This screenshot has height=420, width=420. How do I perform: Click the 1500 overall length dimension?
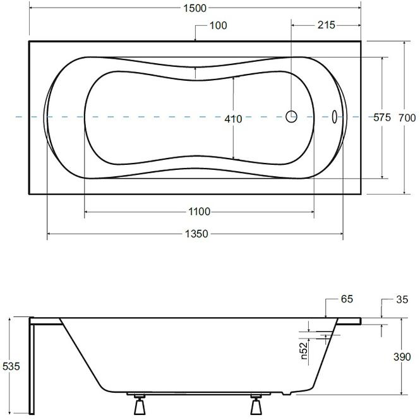tap(195, 8)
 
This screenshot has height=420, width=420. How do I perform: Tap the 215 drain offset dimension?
tap(327, 25)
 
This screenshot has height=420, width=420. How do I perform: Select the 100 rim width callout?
tap(219, 26)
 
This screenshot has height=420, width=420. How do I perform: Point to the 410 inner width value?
tap(233, 119)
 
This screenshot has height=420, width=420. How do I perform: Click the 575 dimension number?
tap(382, 117)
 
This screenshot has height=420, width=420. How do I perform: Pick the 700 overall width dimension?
tap(407, 118)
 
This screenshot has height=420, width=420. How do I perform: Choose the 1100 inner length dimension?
tap(200, 212)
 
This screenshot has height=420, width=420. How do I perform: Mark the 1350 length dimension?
tap(196, 234)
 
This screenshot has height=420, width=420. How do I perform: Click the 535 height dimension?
tap(11, 366)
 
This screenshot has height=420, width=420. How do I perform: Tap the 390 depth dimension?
tap(402, 357)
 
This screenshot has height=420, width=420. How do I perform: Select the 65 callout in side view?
tap(347, 299)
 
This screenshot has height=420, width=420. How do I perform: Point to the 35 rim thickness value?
tap(402, 299)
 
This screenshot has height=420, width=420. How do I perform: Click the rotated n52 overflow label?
tap(304, 351)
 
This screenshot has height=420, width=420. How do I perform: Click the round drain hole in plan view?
tap(291, 116)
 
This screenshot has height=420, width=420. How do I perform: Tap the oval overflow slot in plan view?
tap(335, 117)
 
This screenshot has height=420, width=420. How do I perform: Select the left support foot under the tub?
tap(140, 404)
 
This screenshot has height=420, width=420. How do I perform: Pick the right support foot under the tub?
tap(256, 404)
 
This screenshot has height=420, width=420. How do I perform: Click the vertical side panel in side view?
tap(32, 366)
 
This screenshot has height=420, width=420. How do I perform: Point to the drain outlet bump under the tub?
tap(287, 393)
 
